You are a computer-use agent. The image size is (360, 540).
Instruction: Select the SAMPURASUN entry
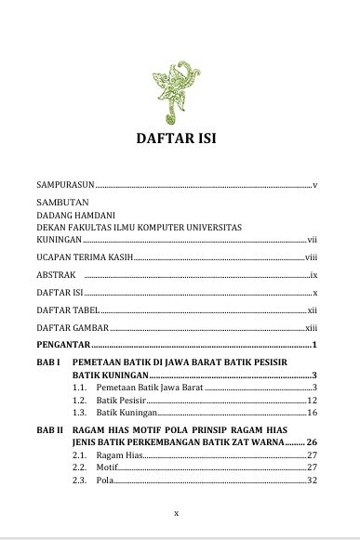pos(60,185)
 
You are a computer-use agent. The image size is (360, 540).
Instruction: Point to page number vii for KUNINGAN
pos(313,239)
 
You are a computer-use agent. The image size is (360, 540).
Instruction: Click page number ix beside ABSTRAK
pos(313,275)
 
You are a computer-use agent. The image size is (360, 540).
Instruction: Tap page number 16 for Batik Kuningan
pos(313,412)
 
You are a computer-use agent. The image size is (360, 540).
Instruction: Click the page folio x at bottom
pos(177,511)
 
